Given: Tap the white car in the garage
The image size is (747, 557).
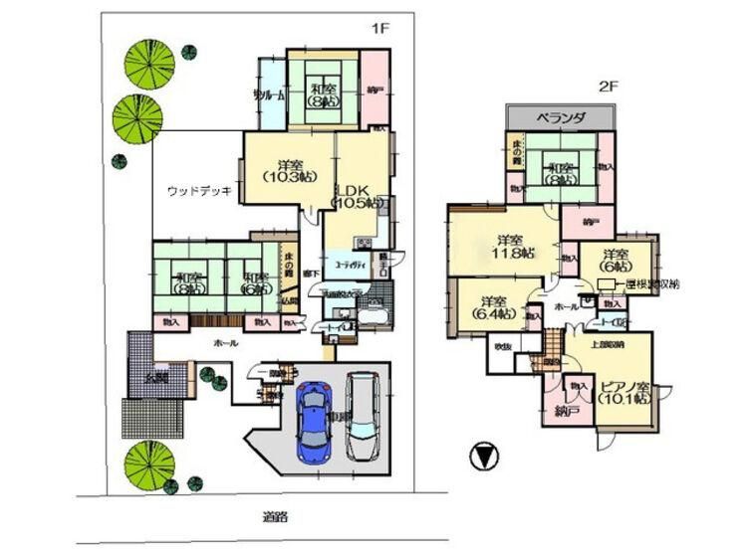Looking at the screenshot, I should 362,415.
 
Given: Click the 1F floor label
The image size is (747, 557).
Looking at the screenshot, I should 378,28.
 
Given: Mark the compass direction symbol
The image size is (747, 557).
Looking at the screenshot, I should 482,458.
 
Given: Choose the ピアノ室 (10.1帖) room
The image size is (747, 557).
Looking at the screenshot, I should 625,390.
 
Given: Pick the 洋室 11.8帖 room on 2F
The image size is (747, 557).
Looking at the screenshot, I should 508,247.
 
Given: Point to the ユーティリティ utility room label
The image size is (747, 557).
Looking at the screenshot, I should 349,266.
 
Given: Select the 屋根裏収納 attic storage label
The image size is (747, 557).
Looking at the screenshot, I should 654,285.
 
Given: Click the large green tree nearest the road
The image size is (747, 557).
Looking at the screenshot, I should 147,463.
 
